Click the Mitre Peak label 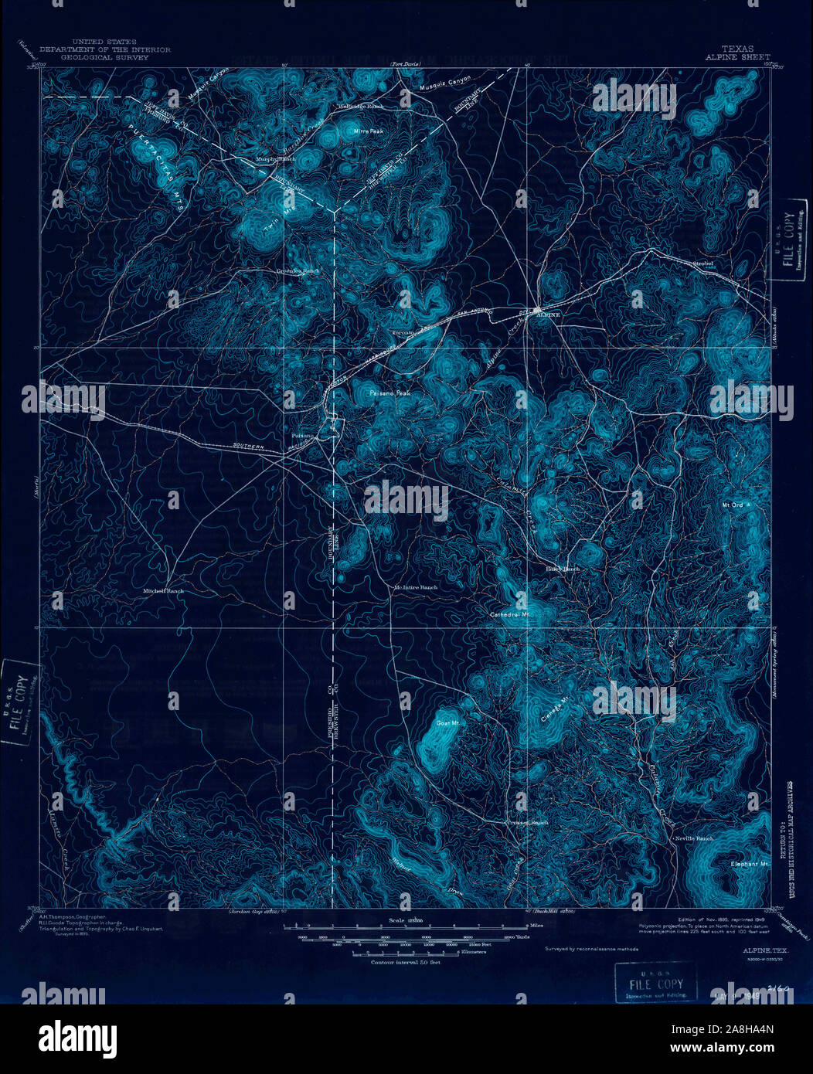(369, 131)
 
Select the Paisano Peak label (389, 393)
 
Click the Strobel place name (702, 263)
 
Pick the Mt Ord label (732, 505)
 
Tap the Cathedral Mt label (509, 614)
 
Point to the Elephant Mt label (751, 864)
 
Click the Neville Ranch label (695, 838)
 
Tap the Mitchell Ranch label (164, 591)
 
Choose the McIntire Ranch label (416, 587)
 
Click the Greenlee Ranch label (298, 271)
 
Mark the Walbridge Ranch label (362, 106)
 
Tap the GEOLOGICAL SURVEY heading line (104, 56)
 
